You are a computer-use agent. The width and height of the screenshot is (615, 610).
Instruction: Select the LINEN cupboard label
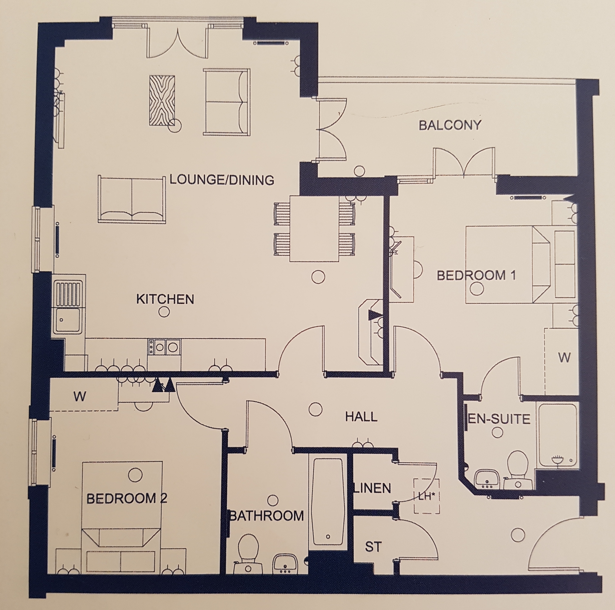(373, 488)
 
